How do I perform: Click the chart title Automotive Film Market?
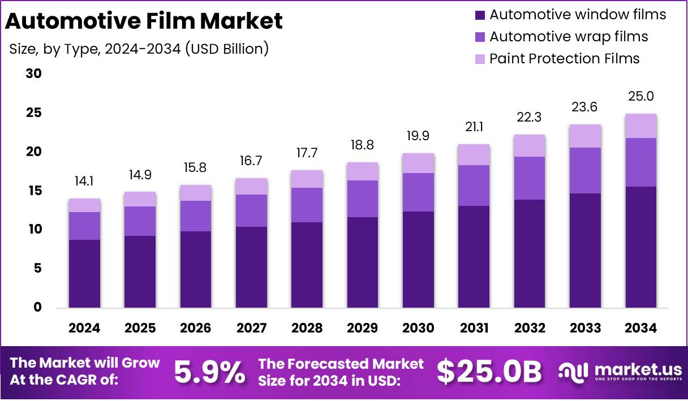point(144,21)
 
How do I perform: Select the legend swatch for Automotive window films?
point(480,15)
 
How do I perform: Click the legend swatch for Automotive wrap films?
point(480,37)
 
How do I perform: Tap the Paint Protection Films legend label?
point(564,58)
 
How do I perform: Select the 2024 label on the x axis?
point(84,328)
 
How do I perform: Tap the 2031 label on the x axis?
point(474,328)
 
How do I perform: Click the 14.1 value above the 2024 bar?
point(84,183)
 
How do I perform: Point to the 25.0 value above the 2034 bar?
point(641,97)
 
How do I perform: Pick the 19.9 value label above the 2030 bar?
point(419,137)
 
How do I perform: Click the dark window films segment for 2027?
point(251,267)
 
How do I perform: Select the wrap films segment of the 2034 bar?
point(641,162)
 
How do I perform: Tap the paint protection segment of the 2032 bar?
point(530,145)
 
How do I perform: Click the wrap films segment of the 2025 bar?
point(140,221)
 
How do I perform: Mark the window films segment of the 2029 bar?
point(363,262)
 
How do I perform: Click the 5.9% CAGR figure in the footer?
point(209,372)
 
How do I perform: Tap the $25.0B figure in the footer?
point(489,372)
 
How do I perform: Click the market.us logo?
point(620,372)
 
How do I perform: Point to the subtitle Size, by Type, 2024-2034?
point(139,49)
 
